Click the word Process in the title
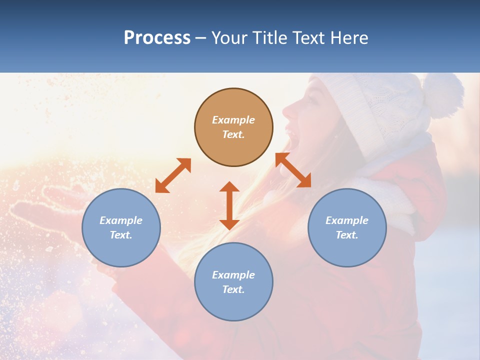click(x=157, y=38)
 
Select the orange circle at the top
click(x=233, y=127)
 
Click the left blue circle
click(x=121, y=227)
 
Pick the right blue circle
click(x=347, y=227)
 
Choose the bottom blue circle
click(x=233, y=281)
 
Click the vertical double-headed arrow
click(x=229, y=205)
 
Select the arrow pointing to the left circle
click(x=173, y=175)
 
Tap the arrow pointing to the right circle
click(x=293, y=170)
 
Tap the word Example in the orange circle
click(x=233, y=120)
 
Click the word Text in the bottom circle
click(x=233, y=289)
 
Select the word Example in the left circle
click(x=121, y=220)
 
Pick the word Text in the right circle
click(x=347, y=235)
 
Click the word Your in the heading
click(x=229, y=38)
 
